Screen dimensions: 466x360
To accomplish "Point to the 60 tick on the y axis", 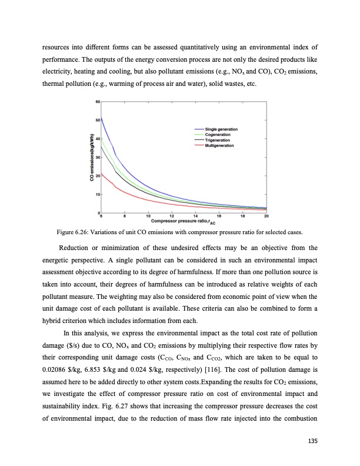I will click(x=96, y=102).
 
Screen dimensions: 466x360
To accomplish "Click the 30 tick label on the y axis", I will click(x=96, y=157).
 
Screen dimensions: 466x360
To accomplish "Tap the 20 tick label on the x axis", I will click(x=266, y=216).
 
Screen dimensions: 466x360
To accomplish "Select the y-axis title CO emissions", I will click(x=92, y=157).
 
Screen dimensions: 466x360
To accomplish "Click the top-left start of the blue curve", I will click(x=102, y=118).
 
